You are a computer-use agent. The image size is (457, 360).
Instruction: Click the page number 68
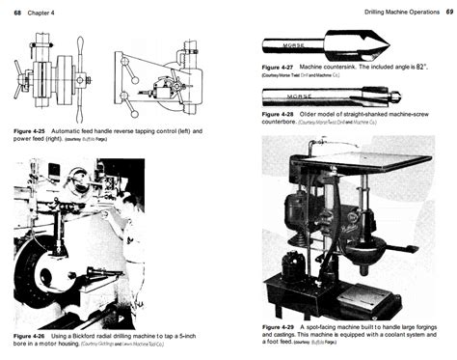[x=17, y=11]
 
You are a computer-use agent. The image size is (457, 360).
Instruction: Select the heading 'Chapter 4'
[x=45, y=11]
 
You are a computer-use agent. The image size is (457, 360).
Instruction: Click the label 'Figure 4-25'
[x=33, y=128]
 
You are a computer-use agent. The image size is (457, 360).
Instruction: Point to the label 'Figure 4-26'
[x=33, y=334]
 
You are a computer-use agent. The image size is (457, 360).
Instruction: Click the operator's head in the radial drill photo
[x=117, y=189]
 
